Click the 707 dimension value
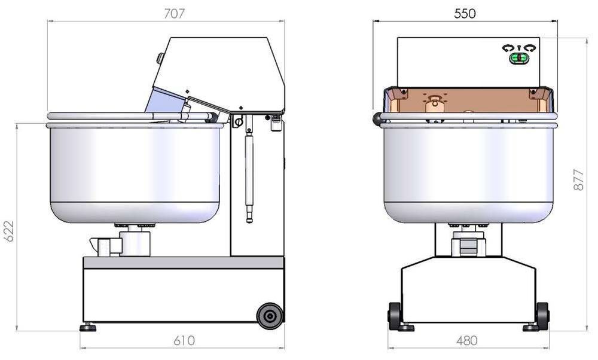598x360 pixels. [174, 13]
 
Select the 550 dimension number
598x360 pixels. [465, 14]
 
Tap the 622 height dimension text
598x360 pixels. [9, 231]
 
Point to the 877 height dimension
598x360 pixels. [578, 179]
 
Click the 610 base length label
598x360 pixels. [184, 340]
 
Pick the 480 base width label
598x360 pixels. [466, 340]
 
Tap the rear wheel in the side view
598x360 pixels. [270, 316]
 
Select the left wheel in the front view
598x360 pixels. [394, 315]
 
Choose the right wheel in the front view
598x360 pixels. [542, 315]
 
